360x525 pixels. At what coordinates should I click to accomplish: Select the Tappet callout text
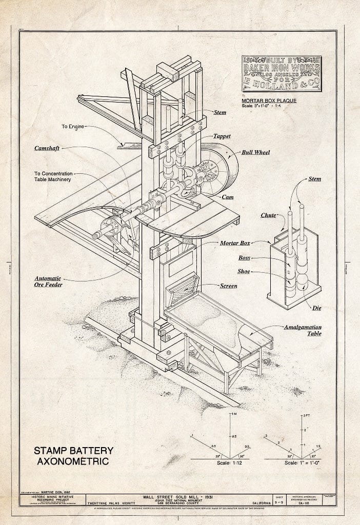click(222, 136)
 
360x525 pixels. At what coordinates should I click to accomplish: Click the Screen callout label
click(228, 286)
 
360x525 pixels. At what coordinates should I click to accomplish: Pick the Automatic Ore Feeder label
click(48, 281)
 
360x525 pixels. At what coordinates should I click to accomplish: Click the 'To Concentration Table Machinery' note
click(54, 176)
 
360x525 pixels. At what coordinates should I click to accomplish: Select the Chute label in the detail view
click(268, 216)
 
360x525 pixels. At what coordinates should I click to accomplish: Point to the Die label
click(316, 308)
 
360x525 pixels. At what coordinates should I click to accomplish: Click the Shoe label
click(244, 271)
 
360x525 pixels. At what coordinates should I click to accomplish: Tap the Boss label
click(244, 258)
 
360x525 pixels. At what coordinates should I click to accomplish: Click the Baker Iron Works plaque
click(282, 73)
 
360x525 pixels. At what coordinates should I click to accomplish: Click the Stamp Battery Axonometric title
click(73, 455)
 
